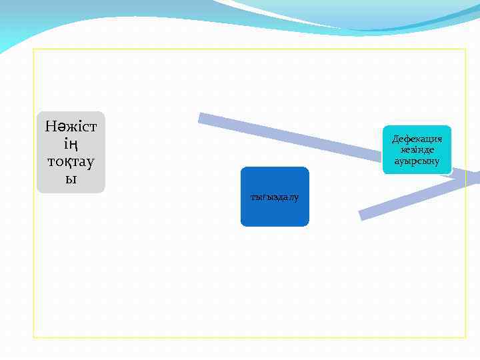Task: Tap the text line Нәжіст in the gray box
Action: [71, 125]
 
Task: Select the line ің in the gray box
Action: [71, 143]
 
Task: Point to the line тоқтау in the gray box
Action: [71, 161]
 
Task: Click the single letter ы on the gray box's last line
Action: [71, 179]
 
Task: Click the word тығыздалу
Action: [275, 197]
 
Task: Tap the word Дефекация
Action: [417, 139]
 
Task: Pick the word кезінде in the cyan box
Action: [417, 150]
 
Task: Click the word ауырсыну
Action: [417, 161]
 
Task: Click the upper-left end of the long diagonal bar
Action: [201, 118]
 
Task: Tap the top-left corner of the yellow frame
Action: [34, 49]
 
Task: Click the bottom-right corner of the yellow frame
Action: [465, 337]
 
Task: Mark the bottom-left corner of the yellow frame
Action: [34, 337]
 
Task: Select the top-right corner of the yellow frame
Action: [465, 49]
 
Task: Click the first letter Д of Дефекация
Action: [395, 139]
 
